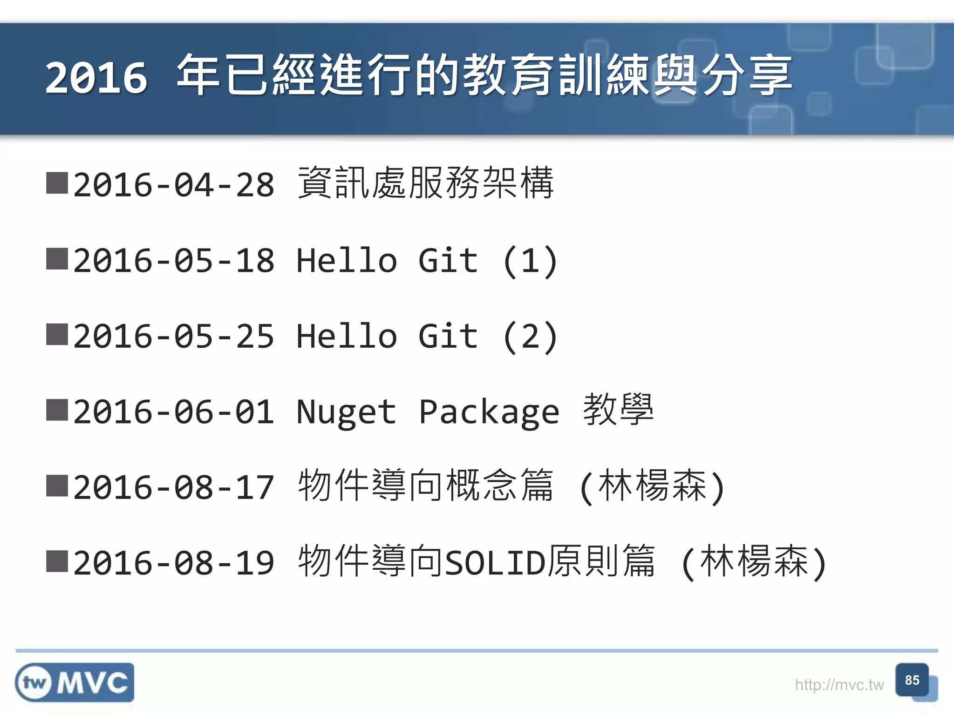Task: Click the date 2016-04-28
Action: coord(174,185)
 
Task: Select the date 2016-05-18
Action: coord(174,261)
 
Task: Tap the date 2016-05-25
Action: coord(174,336)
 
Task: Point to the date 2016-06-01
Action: coord(174,412)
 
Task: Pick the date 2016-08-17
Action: coord(174,487)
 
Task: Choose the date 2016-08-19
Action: coord(174,563)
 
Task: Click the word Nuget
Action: coord(346,412)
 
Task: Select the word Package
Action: coord(489,412)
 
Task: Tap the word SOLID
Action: coord(495,563)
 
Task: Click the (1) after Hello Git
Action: coord(530,261)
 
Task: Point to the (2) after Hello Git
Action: coord(530,336)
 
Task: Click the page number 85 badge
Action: coord(912,681)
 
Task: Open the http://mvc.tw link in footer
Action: coord(839,685)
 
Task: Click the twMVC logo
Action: coord(75,682)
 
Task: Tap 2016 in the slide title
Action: coord(96,78)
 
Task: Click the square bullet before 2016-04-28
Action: coord(57,183)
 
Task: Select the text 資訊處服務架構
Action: coord(425,183)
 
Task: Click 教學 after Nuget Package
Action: coord(618,410)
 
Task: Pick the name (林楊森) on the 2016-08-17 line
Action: coord(652,486)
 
